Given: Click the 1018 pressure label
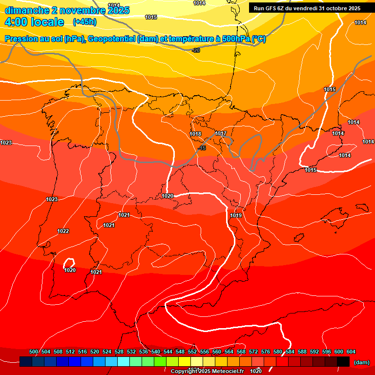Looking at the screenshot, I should coord(195,134).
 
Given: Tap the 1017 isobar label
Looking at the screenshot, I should coord(221,134).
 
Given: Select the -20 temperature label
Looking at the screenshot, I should coord(196,50).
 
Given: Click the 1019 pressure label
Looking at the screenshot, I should coord(236,215).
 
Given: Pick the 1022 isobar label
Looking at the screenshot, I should coord(63,231).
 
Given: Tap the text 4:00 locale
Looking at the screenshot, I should coord(34,22).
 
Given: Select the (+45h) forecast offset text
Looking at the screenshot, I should coord(84,22).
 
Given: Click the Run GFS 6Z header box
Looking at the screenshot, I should coord(307,8).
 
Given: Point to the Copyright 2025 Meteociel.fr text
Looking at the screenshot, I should coord(207,371).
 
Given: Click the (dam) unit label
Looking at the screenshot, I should coord(361,362).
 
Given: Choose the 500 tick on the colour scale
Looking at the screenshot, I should coord(34,352).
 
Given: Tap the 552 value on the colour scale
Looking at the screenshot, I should coord(192,352).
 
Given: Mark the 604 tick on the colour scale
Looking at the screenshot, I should coord(351,352).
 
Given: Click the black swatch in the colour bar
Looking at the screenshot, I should coord(343,362).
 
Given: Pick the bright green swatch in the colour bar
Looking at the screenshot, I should coord(160,362).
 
